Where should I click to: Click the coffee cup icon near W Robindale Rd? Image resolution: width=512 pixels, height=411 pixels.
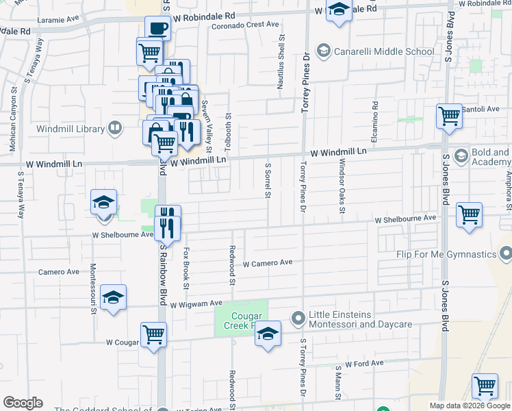pos(157,29)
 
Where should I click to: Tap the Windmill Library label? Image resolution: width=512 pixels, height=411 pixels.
pos(71,129)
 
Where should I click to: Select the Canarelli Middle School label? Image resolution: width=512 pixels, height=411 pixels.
pos(383,51)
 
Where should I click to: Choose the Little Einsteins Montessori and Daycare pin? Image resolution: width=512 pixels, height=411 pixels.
pos(298,318)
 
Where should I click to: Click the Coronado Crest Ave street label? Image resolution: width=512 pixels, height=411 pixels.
pos(244,25)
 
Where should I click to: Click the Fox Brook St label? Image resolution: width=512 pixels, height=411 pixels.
pos(185,267)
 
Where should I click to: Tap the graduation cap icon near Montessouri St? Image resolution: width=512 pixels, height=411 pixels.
pos(113,297)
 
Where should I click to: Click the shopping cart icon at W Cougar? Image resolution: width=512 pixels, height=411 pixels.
pos(154,335)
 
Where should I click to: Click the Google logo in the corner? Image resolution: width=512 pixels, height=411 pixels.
pos(23,403)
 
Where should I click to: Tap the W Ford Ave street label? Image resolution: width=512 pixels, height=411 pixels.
pos(363,364)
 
